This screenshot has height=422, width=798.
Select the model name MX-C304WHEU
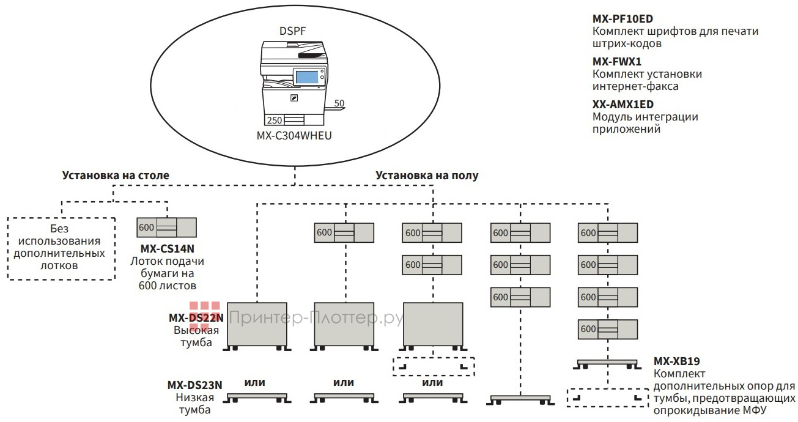coord(294,135)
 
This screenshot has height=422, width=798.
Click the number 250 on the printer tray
coord(275,120)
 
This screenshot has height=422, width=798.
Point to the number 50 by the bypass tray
coord(339,103)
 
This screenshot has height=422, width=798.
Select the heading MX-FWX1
coord(616,62)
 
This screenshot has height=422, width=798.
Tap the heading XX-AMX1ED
coord(623,105)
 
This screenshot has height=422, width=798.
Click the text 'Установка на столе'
coord(116,176)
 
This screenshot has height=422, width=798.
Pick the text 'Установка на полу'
coord(427,176)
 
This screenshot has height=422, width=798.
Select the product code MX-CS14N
coord(167,250)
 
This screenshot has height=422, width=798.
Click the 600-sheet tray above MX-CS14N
coord(167,228)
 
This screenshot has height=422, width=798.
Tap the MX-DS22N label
coord(196,317)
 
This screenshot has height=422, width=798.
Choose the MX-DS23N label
coord(194,385)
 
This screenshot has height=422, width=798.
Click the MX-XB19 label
coord(676,361)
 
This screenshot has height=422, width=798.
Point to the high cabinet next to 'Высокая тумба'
coord(256,324)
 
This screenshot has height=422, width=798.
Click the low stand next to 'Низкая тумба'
coord(256,398)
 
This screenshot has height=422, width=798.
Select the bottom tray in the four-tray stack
coord(608,330)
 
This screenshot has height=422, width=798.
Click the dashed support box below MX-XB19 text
coord(607,398)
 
